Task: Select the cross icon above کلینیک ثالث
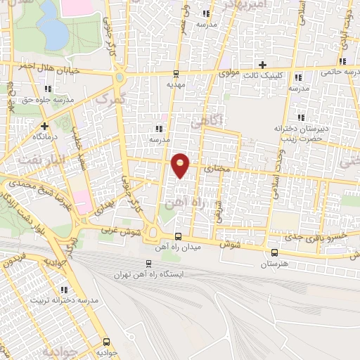coord(262,65)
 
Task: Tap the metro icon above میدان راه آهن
coord(179,236)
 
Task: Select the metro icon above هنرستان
coord(274,253)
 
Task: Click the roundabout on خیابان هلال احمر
coord(120,76)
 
